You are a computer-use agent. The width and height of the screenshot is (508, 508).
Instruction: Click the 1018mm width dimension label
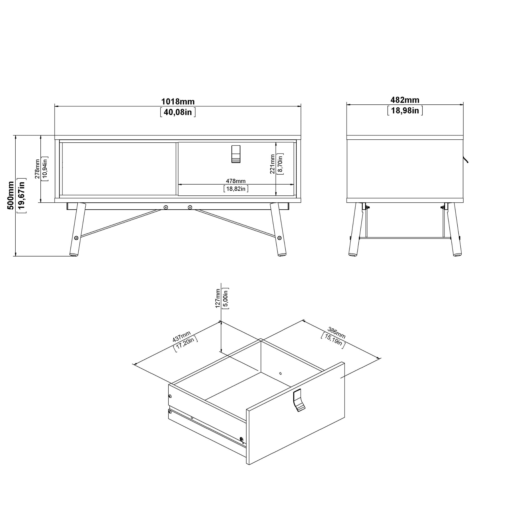178,101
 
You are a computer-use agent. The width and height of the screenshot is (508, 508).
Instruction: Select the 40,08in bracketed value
178,112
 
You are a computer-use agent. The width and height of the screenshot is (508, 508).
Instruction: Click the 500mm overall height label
10,195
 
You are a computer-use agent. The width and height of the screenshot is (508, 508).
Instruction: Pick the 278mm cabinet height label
37,169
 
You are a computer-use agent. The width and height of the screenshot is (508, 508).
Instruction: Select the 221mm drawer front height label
272,164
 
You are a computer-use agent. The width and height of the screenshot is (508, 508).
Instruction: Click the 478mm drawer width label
236,181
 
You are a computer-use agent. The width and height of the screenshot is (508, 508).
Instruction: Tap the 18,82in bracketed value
236,189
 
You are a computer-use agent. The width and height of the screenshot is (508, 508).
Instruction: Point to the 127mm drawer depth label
218,298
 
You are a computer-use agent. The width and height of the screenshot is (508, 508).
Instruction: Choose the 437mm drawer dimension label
181,337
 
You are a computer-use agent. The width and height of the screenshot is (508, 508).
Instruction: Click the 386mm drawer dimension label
336,333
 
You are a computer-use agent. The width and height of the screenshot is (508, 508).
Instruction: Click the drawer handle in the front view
236,154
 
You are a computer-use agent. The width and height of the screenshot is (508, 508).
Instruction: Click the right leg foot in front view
282,254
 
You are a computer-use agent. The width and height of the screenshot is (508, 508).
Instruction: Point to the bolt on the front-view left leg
76,238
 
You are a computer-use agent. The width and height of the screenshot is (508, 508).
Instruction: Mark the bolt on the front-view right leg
279,238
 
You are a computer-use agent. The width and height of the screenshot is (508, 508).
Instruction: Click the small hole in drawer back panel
280,373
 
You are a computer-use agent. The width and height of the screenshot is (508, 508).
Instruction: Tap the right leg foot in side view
457,254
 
